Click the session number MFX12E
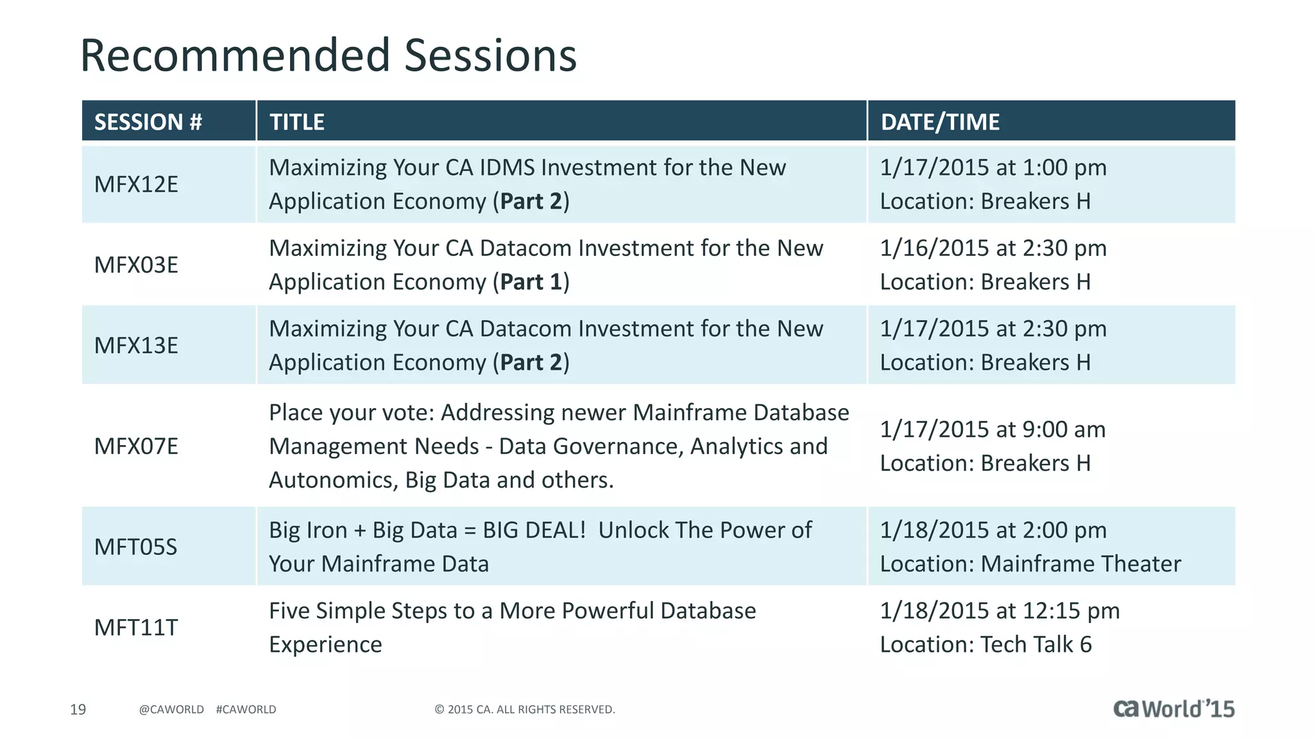pos(136,185)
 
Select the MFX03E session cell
pos(136,265)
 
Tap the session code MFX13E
pos(136,346)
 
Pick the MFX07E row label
pos(136,446)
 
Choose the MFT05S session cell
pos(135,547)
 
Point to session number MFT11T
pos(135,627)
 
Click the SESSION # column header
pos(148,122)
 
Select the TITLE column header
pos(297,122)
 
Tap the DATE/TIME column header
pos(940,122)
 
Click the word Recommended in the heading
pos(235,56)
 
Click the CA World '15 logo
pos(1173,709)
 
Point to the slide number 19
pos(78,709)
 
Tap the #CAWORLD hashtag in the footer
pos(246,709)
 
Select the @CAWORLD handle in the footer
pos(171,709)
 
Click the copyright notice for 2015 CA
pos(525,709)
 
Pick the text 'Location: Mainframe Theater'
pos(1030,564)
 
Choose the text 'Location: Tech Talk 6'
pos(985,645)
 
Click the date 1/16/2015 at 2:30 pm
pos(993,248)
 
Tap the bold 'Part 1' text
pos(531,282)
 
